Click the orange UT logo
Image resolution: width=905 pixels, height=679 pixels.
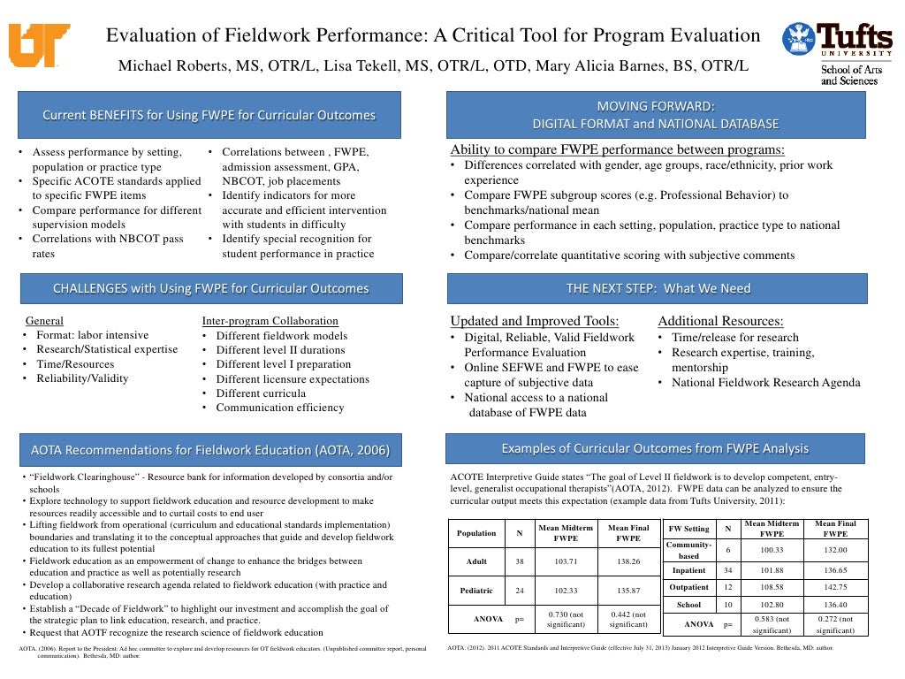click(x=39, y=45)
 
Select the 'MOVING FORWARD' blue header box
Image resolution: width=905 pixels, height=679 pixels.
click(x=657, y=114)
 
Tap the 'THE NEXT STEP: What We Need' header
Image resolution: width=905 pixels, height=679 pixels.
click(x=658, y=288)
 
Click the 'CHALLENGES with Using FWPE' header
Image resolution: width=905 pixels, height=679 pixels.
click(x=210, y=288)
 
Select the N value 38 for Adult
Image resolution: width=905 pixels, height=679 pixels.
click(x=519, y=561)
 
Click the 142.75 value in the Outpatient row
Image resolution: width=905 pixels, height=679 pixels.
click(x=834, y=587)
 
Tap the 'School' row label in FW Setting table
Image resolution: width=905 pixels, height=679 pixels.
click(x=688, y=605)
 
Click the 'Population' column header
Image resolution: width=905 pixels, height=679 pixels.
click(x=475, y=533)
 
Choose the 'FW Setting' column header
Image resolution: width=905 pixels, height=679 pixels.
click(x=688, y=529)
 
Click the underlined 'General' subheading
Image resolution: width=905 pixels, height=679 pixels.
click(x=44, y=321)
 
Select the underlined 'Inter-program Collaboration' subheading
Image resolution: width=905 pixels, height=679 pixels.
click(x=270, y=321)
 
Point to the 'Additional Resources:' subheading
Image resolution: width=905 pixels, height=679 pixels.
click(x=720, y=321)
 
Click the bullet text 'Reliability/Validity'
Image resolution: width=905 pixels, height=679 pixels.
click(x=82, y=378)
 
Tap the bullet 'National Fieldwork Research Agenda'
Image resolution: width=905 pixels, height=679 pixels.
click(x=765, y=383)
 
